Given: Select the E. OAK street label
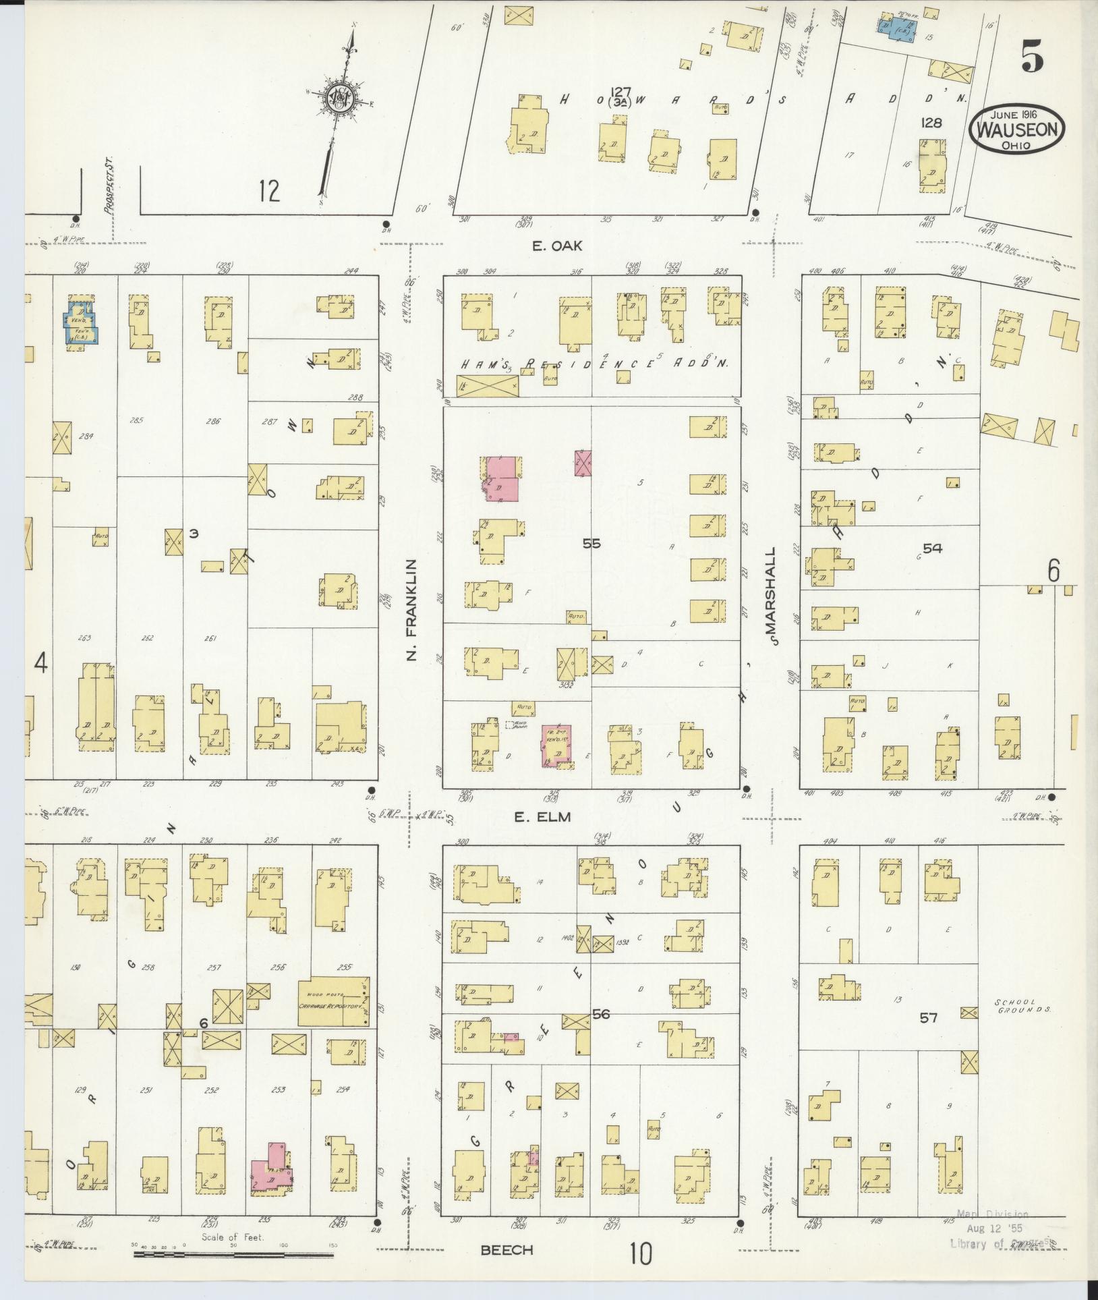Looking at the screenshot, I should (x=557, y=247).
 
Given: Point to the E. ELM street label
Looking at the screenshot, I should (x=542, y=816).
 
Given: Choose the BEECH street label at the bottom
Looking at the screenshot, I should (x=507, y=1249).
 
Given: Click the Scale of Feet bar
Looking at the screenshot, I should (x=233, y=1254).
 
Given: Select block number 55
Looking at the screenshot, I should (x=591, y=542).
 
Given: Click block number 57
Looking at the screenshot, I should (x=928, y=1036).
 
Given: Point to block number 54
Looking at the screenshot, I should (x=932, y=549).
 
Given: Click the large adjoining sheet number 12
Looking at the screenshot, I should (x=268, y=192).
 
